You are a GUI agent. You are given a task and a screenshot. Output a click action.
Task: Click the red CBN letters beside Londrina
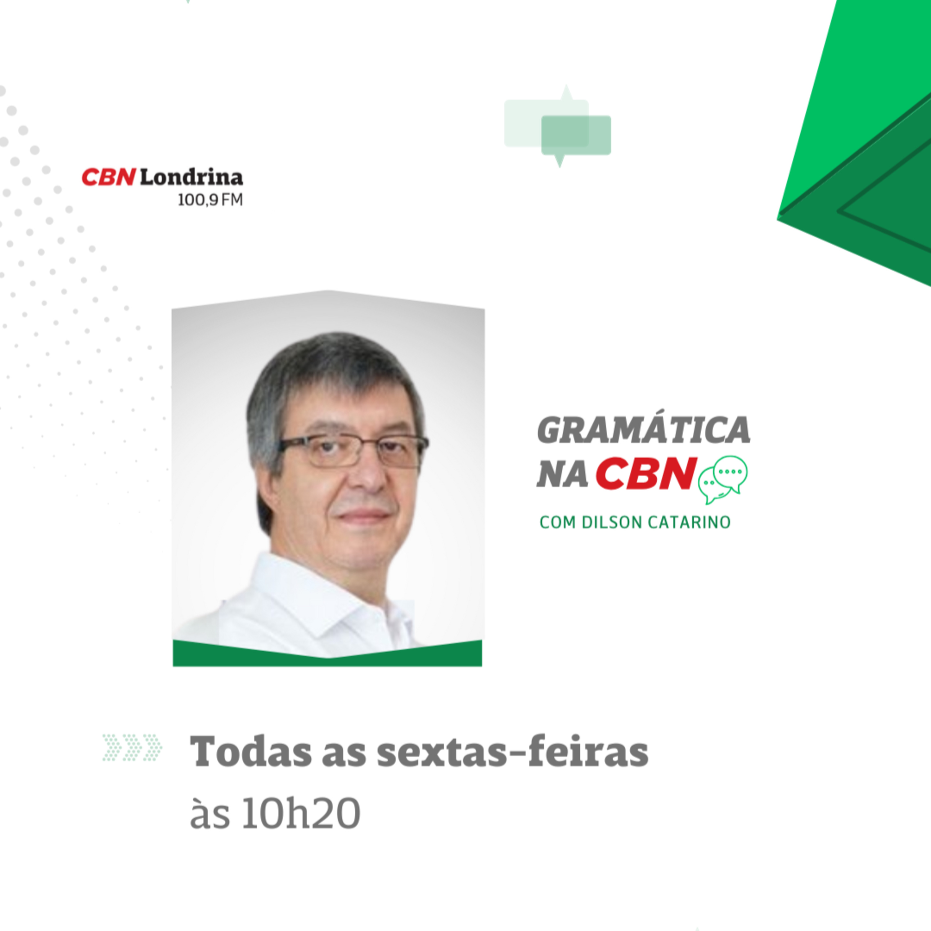pos(108,177)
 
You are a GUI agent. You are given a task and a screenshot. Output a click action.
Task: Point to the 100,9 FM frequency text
pos(210,200)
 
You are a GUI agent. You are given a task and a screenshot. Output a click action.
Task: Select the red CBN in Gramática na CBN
pos(646,473)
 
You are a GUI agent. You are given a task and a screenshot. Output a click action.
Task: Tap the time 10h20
pos(301,814)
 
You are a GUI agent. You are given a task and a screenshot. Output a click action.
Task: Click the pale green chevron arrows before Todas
pos(132,748)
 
